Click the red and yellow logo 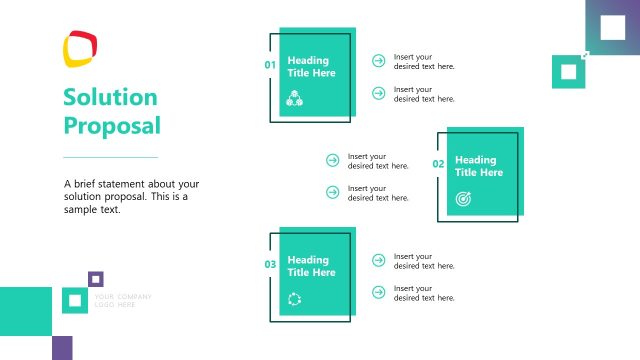coord(80,48)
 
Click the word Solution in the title coord(110,98)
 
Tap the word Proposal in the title coord(111,126)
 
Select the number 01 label coord(270,65)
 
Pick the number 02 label coord(438,164)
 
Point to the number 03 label coord(270,265)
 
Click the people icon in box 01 coord(295,97)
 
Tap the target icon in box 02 coord(463,198)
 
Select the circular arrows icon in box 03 coord(295,298)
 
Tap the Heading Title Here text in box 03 coord(312,267)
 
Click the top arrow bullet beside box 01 coord(378,61)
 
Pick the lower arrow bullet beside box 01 coord(378,93)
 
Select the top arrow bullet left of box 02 coord(332,160)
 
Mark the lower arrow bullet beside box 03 coord(378,292)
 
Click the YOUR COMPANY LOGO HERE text coord(122,300)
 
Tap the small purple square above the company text coord(96,279)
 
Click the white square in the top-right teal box coord(569,71)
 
